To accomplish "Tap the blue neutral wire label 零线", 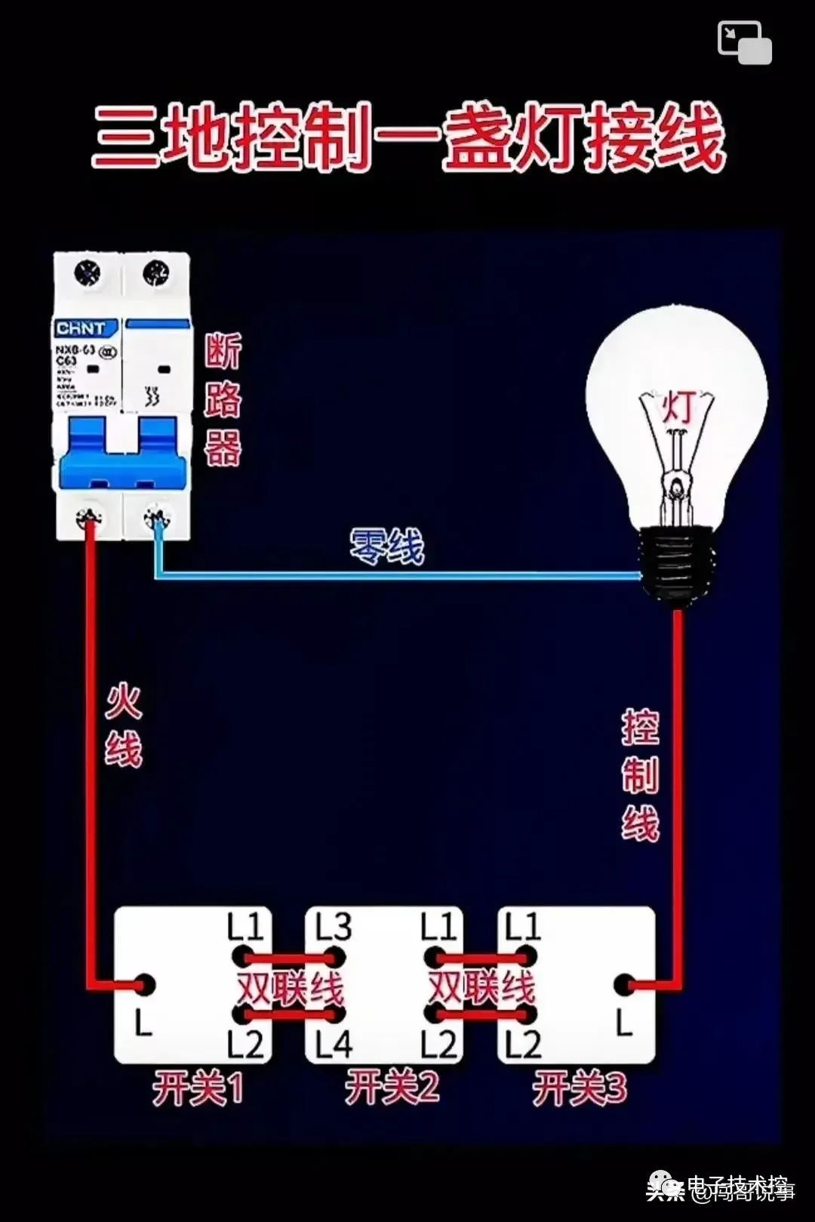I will (387, 546).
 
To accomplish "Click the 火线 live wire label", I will (124, 725).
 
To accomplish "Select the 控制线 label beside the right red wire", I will (640, 775).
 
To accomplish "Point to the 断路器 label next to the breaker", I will (223, 399).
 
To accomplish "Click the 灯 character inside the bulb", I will (678, 408).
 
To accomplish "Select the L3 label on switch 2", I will (333, 927).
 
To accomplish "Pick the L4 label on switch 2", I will (333, 1045).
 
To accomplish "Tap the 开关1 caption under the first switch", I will (198, 1088).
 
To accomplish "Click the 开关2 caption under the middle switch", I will (392, 1088).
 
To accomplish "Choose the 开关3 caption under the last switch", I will (580, 1088).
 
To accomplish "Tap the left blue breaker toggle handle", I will (88, 449).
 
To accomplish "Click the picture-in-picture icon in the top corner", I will (744, 42).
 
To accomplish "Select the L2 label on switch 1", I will (245, 1045).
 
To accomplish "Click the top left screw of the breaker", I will (88, 272).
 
